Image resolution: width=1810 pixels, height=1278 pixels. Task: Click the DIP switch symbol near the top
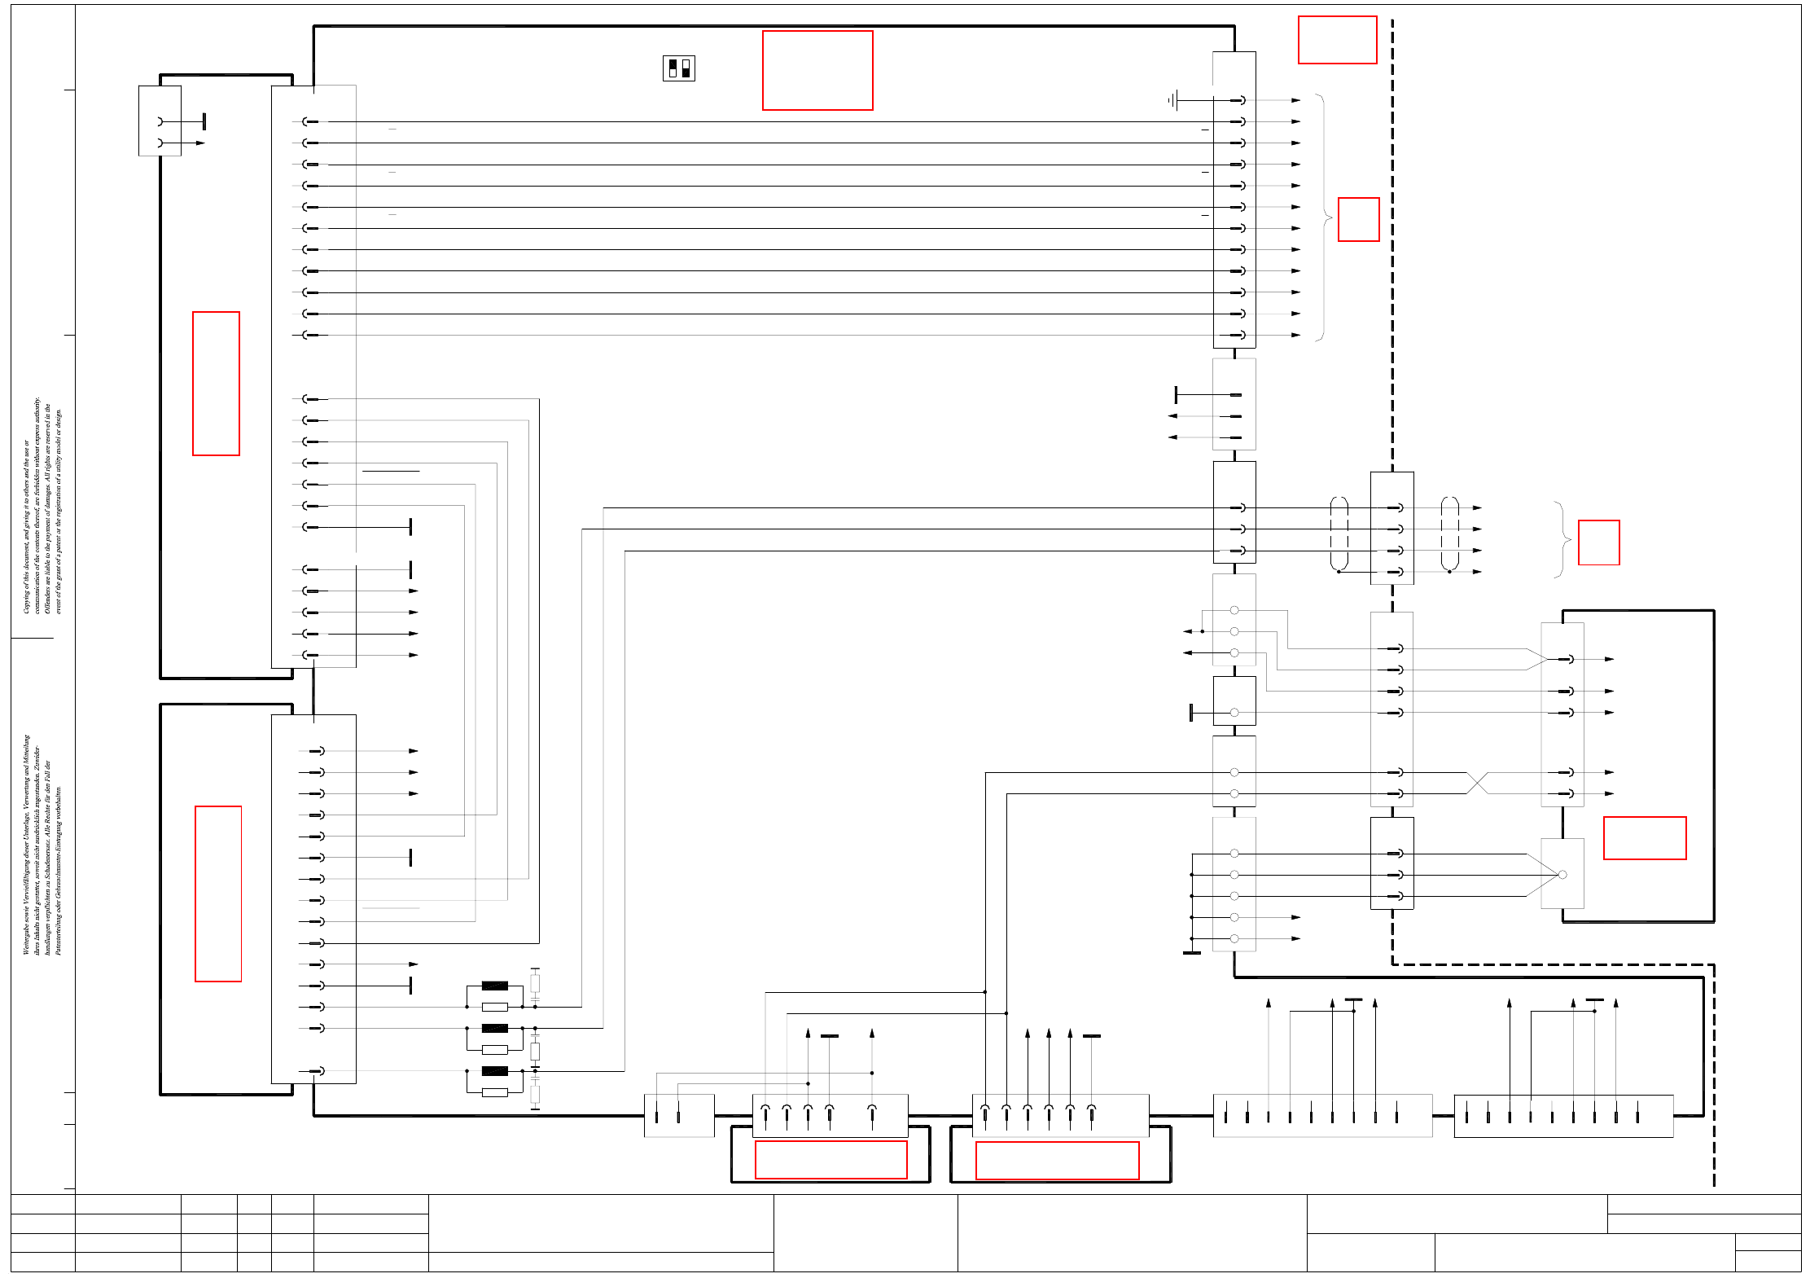point(678,68)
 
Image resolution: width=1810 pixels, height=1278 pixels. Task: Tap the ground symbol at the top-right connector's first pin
point(1172,100)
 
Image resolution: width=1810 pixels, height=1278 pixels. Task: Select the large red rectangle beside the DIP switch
point(817,70)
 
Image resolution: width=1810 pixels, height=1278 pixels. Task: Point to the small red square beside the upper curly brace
point(1358,219)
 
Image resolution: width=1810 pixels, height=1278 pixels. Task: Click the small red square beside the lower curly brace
point(1598,542)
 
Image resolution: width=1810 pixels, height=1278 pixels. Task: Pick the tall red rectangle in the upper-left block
point(216,383)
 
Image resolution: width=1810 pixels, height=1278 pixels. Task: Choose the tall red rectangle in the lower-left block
point(218,894)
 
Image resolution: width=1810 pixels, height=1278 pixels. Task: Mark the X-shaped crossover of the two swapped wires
point(1477,783)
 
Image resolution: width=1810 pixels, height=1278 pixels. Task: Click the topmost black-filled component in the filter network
point(494,986)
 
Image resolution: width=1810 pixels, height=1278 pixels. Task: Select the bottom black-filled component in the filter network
point(494,1071)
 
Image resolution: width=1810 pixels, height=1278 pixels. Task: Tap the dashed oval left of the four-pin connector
point(1339,534)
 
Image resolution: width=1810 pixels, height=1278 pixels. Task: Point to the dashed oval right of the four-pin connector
point(1449,534)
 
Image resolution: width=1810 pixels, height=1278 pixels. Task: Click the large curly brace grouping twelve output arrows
point(1323,217)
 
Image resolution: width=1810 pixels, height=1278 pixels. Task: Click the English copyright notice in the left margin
point(42,505)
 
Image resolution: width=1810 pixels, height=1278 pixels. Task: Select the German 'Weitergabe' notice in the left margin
point(42,844)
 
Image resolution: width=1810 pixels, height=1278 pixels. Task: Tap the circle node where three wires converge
point(1562,875)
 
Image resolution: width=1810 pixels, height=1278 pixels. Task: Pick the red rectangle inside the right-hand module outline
point(1644,837)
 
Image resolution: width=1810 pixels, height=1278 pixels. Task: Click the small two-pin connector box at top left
point(160,121)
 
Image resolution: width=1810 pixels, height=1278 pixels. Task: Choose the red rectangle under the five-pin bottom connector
point(830,1159)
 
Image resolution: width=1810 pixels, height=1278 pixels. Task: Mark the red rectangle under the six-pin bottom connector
point(1057,1160)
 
